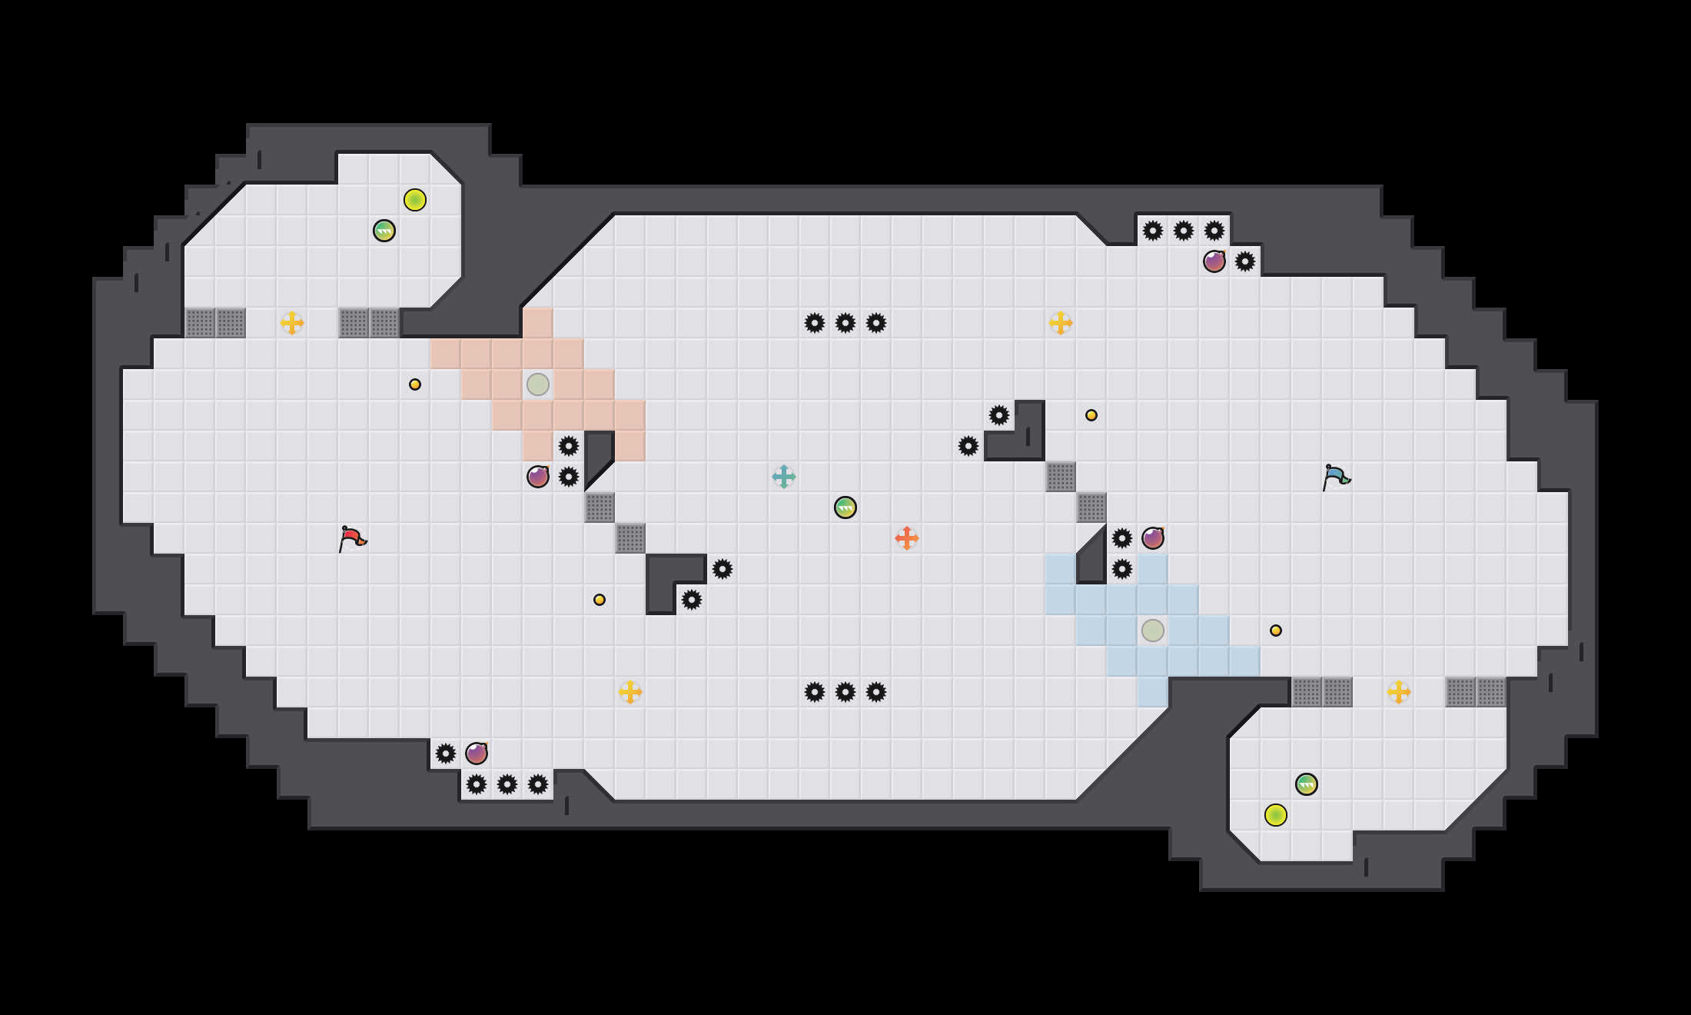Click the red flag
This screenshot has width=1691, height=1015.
[352, 537]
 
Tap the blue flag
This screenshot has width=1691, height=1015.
[1336, 476]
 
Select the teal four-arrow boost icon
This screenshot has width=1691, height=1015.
[783, 477]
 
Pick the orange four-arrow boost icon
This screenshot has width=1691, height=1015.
[907, 538]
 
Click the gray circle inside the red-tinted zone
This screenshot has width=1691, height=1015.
[538, 384]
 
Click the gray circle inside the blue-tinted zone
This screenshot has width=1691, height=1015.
[1153, 631]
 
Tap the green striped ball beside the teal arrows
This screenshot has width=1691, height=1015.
[845, 507]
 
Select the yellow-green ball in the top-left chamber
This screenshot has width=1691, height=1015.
[415, 200]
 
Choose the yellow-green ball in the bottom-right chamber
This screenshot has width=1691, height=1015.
[1276, 815]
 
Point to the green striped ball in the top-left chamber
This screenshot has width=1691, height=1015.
[384, 231]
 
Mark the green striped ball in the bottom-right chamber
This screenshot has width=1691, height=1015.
[1307, 784]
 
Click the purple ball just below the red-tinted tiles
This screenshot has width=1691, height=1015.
[538, 477]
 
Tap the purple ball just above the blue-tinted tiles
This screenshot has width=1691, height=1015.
[1153, 538]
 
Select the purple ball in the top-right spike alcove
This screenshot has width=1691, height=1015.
[1214, 261]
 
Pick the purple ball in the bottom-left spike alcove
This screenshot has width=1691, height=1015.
[477, 754]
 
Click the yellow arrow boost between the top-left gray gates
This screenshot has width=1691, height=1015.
[292, 323]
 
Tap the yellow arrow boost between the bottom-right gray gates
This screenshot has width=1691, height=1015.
[1399, 692]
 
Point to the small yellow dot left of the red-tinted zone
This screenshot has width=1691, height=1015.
[415, 384]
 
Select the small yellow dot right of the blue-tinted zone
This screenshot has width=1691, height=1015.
[1276, 631]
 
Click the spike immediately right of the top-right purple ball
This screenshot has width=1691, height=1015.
[1245, 261]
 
